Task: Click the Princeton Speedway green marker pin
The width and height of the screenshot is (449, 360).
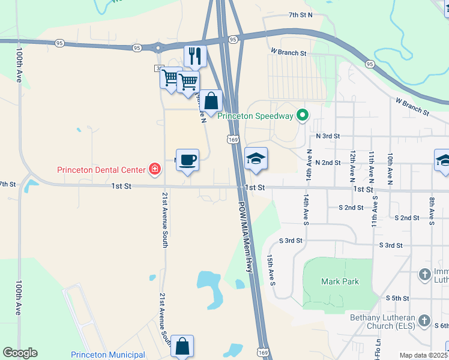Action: pyautogui.click(x=303, y=115)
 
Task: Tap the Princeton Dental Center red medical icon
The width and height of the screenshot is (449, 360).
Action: pyautogui.click(x=155, y=169)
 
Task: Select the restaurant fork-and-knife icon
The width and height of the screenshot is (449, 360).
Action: pyautogui.click(x=195, y=56)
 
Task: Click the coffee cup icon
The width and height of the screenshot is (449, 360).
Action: pyautogui.click(x=187, y=160)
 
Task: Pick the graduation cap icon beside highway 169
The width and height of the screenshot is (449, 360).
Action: pyautogui.click(x=256, y=158)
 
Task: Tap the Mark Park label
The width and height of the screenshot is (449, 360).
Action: pyautogui.click(x=340, y=281)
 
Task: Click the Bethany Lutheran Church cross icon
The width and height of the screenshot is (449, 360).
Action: pyautogui.click(x=424, y=320)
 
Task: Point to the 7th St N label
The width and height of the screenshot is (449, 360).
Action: pyautogui.click(x=301, y=15)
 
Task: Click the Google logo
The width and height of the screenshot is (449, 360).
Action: pyautogui.click(x=20, y=352)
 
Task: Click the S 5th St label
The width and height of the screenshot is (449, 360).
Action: pyautogui.click(x=397, y=298)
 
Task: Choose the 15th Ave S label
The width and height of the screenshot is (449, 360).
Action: pyautogui.click(x=271, y=269)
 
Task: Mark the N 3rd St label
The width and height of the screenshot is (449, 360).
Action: pyautogui.click(x=328, y=137)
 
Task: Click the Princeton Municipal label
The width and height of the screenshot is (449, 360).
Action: pyautogui.click(x=108, y=355)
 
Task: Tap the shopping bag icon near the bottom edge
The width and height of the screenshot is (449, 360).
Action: pyautogui.click(x=182, y=346)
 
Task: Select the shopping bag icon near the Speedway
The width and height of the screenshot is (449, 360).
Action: pyautogui.click(x=211, y=101)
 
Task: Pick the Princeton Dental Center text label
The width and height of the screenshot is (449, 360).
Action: pyautogui.click(x=101, y=169)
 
